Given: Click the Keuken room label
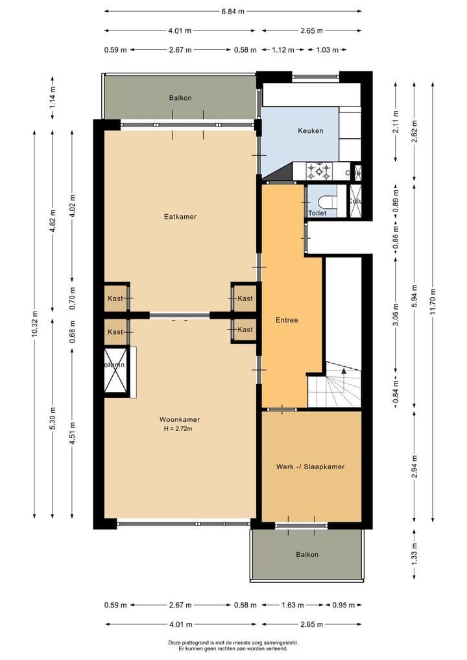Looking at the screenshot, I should tap(310, 130).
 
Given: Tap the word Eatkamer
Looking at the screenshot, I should tap(180, 217).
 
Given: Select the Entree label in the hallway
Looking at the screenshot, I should tap(286, 320).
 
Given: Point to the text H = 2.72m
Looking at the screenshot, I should tap(178, 428).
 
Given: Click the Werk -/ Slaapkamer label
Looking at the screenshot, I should tap(310, 467).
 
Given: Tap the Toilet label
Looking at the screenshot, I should tap(317, 212).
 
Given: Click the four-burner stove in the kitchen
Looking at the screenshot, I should tap(319, 171).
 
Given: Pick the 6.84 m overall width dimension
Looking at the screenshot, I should tap(233, 11).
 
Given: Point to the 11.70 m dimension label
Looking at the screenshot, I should tap(433, 300).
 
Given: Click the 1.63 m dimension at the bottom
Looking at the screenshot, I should tap(292, 605).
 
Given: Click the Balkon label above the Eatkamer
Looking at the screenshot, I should tap(180, 98).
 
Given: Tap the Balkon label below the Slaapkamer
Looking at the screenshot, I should tap(307, 554).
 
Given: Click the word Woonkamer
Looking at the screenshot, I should tap(178, 419).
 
